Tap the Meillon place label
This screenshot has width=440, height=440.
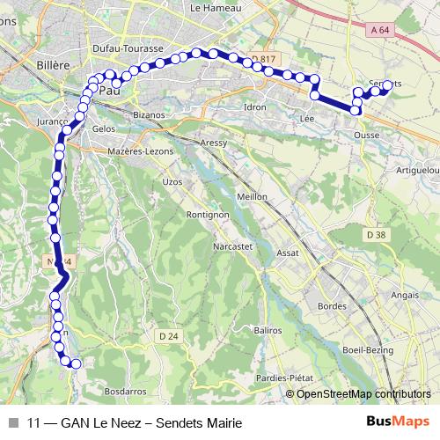pyautogui.click(x=253, y=197)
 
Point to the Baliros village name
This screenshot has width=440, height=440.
pyautogui.click(x=265, y=329)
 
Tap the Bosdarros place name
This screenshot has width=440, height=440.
pyautogui.click(x=123, y=390)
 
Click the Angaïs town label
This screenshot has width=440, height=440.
pyautogui.click(x=405, y=296)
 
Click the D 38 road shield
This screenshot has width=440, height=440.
pyautogui.click(x=377, y=235)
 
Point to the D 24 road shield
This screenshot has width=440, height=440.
pyautogui.click(x=170, y=335)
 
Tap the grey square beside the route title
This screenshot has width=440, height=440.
pyautogui.click(x=13, y=422)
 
